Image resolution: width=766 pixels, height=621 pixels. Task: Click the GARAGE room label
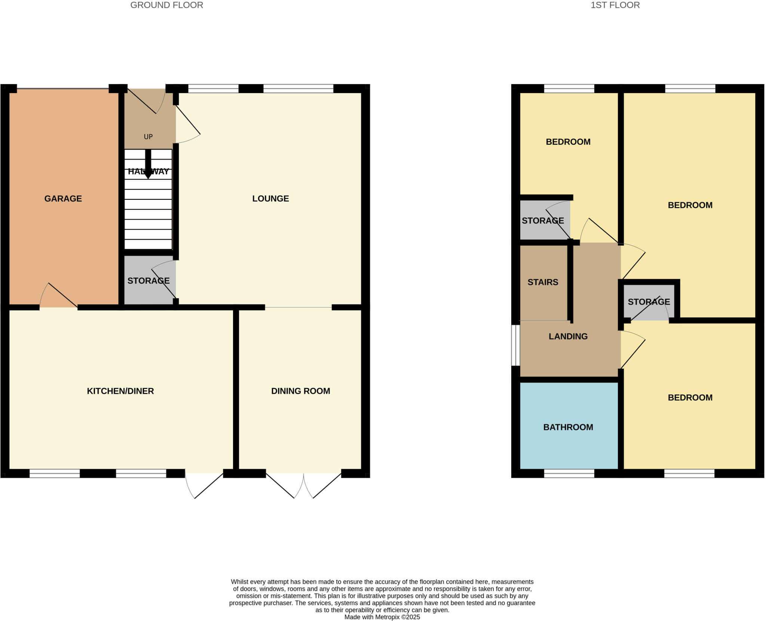63,199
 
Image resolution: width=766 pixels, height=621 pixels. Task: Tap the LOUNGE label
270,199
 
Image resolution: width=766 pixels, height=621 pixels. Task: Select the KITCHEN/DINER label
120,391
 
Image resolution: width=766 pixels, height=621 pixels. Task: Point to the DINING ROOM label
300,391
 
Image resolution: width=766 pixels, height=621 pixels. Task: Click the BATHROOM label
568,427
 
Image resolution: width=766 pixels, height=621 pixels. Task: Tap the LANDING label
568,336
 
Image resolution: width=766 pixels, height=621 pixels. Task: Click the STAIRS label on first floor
543,282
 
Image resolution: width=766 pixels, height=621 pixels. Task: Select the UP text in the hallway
148,137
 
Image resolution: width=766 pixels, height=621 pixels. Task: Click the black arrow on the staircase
148,165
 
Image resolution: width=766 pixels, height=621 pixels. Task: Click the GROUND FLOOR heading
166,5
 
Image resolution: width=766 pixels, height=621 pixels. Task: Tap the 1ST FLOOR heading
615,5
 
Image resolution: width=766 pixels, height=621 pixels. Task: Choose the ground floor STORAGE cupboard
148,281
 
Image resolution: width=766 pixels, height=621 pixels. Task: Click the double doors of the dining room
303,485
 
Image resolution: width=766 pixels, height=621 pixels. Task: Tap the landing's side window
515,345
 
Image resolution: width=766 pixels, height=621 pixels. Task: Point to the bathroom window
569,474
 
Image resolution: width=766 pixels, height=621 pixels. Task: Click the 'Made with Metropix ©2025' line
382,617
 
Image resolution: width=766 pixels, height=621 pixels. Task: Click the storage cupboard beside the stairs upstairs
543,221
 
